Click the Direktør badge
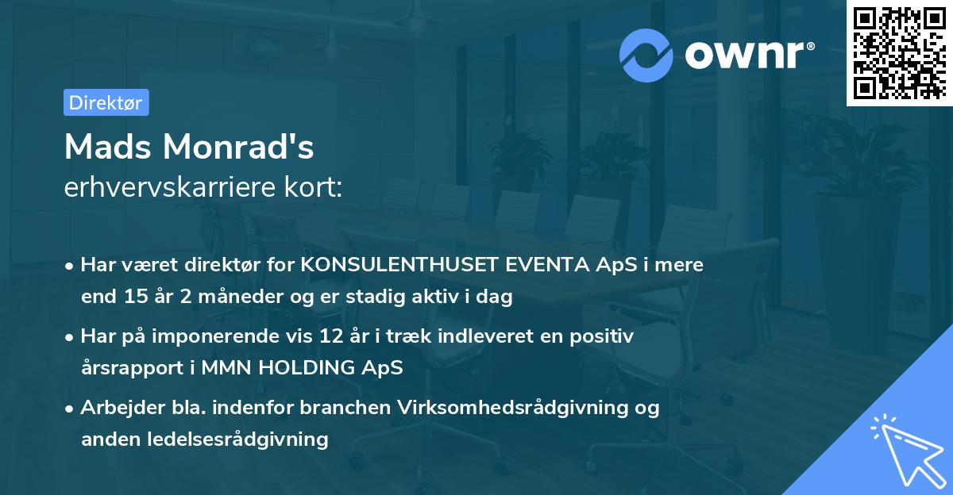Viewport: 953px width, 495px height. [x=106, y=102]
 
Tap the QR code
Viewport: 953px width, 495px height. [x=900, y=53]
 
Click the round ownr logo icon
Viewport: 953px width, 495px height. [x=646, y=55]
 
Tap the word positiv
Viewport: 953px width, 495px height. [x=604, y=336]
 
